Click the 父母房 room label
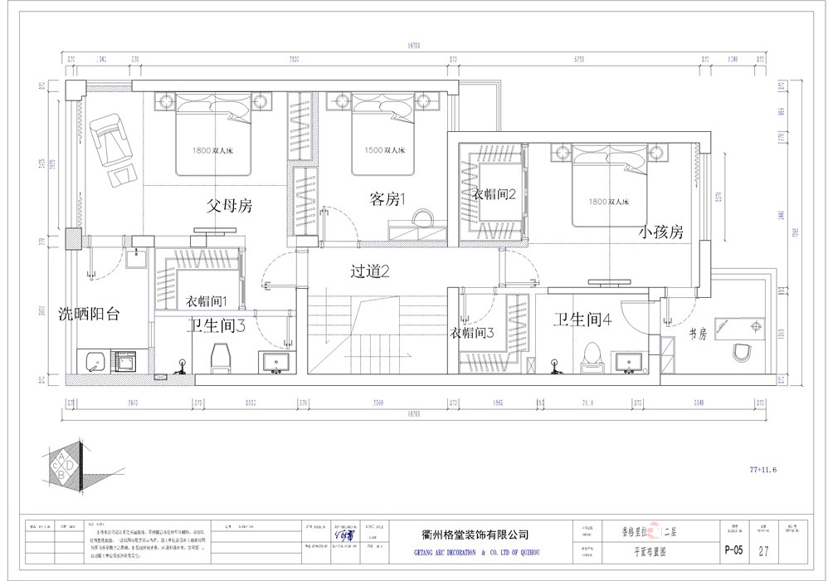tap(229, 204)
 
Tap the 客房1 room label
tap(387, 199)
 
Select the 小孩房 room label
tap(660, 232)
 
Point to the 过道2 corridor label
tap(370, 271)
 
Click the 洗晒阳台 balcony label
tap(89, 315)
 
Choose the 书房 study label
tap(697, 334)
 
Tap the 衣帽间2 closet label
tap(495, 194)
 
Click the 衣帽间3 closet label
tap(472, 333)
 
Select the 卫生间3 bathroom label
tap(215, 326)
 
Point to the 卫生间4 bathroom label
tap(582, 320)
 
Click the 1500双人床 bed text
tap(385, 151)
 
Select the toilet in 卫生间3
tap(220, 358)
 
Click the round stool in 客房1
tap(422, 218)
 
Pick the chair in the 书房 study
tap(744, 354)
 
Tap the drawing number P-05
tap(733, 549)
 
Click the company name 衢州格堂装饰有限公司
tap(470, 535)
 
